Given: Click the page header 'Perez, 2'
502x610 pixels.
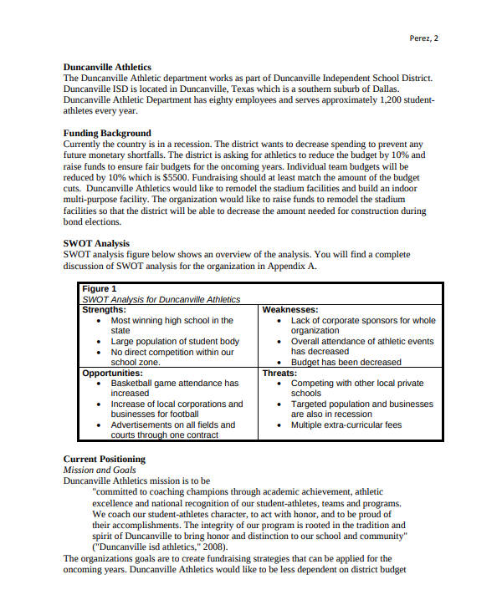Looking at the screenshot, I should (423, 38).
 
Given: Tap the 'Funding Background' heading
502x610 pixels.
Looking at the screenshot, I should (107, 133).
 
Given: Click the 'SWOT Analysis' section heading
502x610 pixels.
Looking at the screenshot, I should (96, 243).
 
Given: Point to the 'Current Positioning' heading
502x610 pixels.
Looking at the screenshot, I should (104, 459).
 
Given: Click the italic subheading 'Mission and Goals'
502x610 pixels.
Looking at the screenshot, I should (99, 470).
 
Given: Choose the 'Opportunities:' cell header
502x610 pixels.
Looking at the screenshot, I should (111, 373).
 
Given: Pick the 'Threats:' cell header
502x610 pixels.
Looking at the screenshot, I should (279, 373).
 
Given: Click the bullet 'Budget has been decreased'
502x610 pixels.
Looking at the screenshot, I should (346, 362).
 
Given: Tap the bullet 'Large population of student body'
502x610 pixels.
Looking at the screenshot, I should (175, 341).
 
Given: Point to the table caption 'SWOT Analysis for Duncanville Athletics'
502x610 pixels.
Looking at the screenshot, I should (161, 299).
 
